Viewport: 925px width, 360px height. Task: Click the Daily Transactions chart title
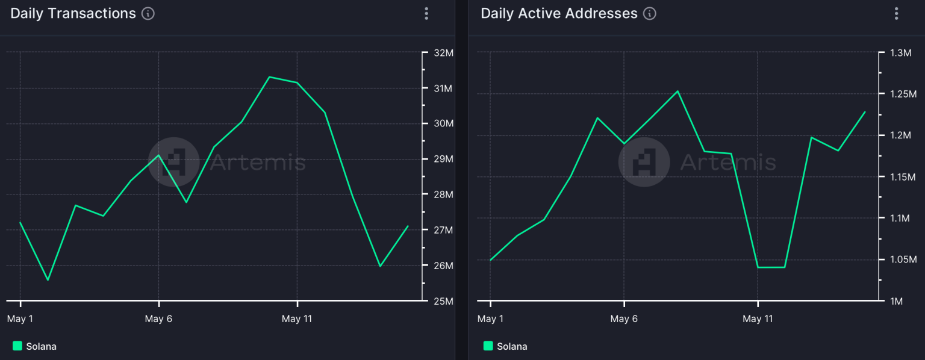click(73, 14)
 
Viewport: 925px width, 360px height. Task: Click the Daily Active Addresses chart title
click(559, 14)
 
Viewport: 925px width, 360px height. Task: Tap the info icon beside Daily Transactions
click(148, 14)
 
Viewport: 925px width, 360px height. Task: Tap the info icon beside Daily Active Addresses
click(650, 14)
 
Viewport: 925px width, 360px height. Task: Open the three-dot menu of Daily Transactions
click(426, 14)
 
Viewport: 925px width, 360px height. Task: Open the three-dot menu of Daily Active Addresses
click(896, 14)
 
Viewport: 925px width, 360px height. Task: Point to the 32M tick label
click(443, 53)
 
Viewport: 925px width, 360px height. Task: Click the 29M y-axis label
click(443, 159)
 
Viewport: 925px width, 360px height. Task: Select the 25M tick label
click(443, 301)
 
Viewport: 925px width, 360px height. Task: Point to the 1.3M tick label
click(901, 53)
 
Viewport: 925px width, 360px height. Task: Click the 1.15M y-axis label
click(903, 177)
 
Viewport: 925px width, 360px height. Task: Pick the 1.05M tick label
click(903, 259)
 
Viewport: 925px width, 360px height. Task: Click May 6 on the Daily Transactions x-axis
click(158, 318)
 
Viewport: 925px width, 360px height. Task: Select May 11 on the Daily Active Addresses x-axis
click(758, 318)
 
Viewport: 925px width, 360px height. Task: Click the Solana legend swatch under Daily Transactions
click(17, 346)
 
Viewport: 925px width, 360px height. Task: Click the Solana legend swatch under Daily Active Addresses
click(488, 346)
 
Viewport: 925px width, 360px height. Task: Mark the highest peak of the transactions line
click(269, 77)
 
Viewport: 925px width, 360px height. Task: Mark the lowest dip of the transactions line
click(48, 280)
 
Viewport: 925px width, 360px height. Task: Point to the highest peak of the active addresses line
click(677, 92)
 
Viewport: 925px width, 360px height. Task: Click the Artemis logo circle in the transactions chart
click(174, 162)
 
